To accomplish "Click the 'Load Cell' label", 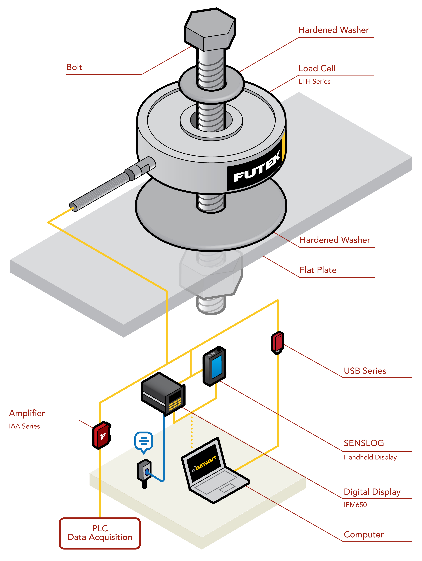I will coord(317,69).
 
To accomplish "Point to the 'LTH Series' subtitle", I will coord(314,82).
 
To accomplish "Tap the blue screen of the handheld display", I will coord(217,366).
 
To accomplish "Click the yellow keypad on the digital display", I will coord(175,404).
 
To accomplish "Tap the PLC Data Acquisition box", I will coord(100,533).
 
